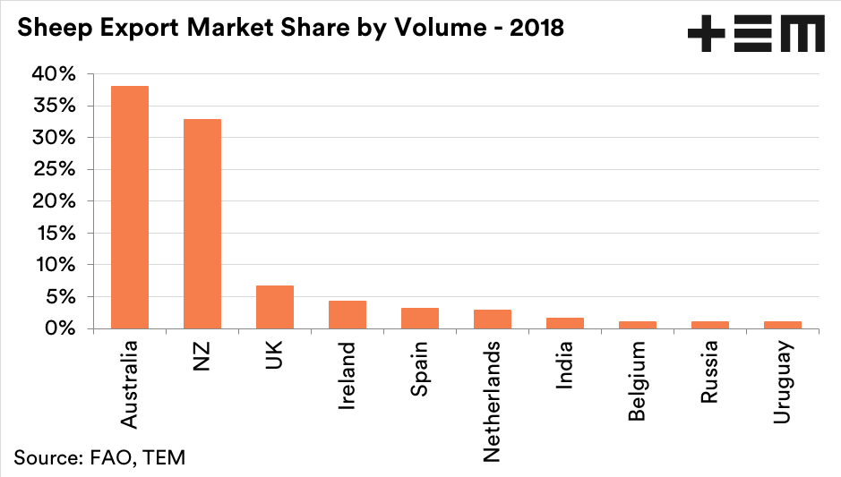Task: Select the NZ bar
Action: coord(202,224)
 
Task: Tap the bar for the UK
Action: coord(275,307)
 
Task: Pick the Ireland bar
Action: coord(348,314)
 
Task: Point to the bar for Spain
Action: coord(420,318)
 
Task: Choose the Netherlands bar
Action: coord(493,319)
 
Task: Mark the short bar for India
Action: coord(565,323)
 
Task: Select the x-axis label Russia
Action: coord(709,372)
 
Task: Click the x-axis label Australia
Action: coord(130,382)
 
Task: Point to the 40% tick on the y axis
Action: coord(55,74)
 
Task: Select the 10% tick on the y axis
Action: coord(55,265)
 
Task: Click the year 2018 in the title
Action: coord(536,28)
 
